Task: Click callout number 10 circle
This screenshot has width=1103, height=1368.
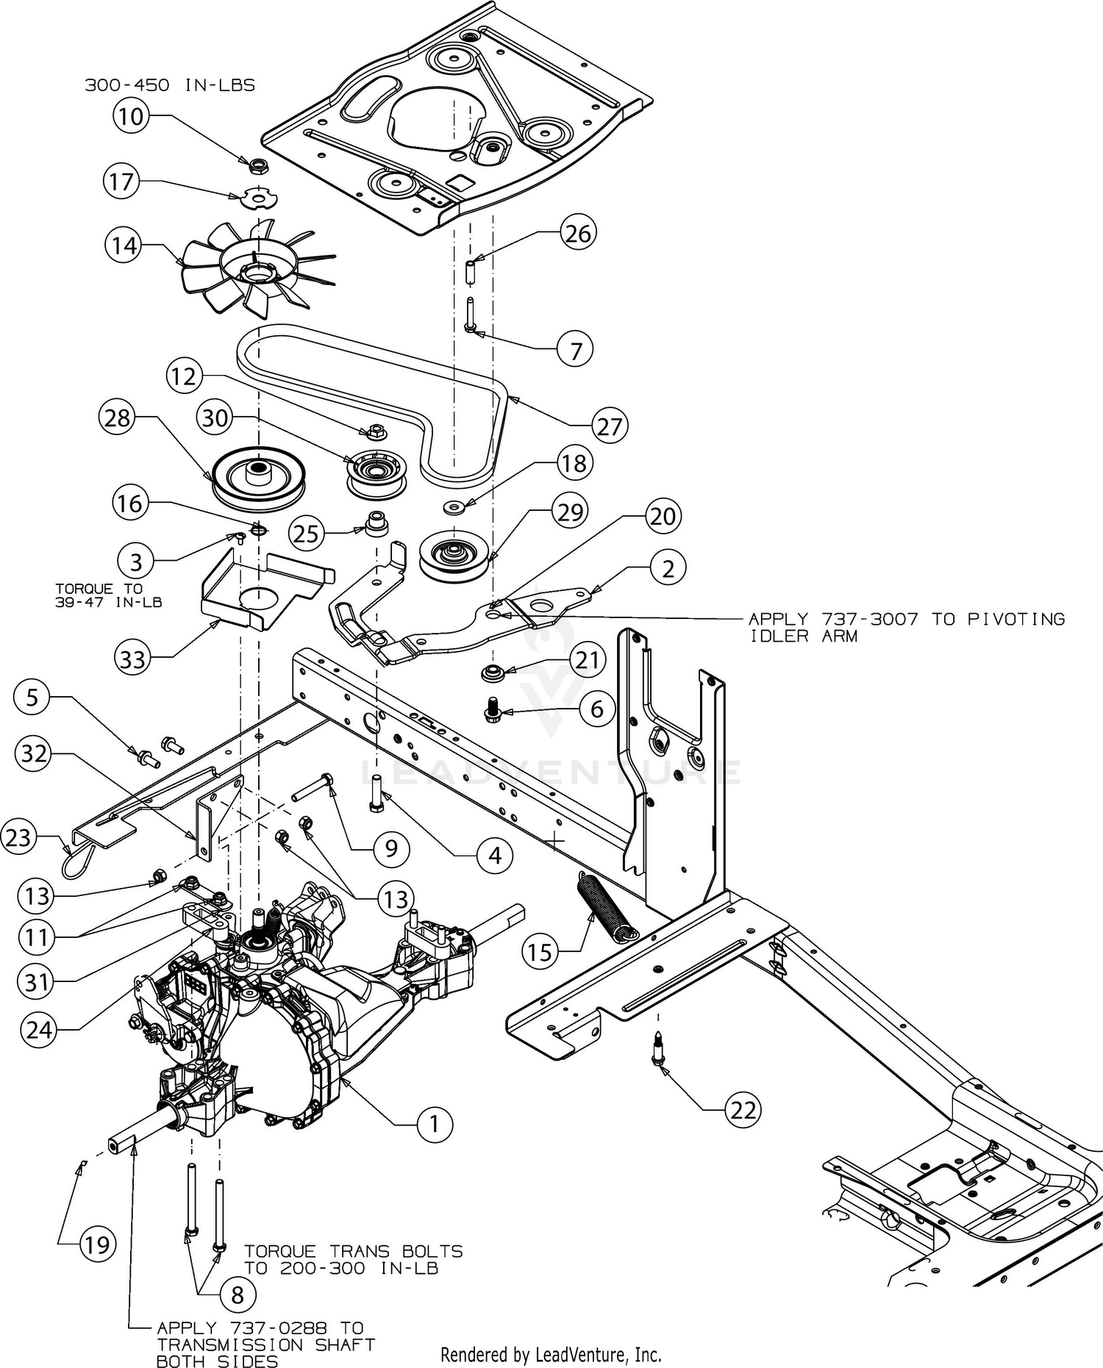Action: (131, 115)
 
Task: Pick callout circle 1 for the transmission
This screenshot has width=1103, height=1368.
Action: (435, 1123)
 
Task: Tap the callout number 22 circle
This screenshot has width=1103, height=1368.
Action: (743, 1109)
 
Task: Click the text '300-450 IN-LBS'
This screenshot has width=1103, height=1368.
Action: (170, 85)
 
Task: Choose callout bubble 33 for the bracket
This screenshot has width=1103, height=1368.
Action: (133, 659)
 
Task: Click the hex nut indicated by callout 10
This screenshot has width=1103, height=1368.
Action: (257, 165)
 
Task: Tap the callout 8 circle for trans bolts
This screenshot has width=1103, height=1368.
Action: (237, 1294)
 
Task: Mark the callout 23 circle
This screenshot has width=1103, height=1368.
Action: (18, 837)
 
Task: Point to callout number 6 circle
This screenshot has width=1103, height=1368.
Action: (596, 709)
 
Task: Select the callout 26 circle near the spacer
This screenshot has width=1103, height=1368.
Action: (578, 233)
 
